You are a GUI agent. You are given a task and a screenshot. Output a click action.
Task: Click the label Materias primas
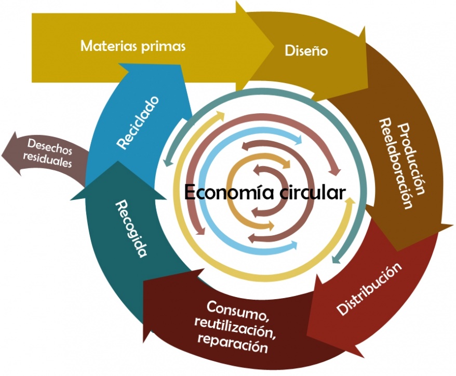[133, 46]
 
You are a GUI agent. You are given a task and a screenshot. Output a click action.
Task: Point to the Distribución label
[369, 289]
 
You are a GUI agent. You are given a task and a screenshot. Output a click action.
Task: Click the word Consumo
[237, 310]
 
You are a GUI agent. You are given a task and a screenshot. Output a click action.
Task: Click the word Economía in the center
[224, 193]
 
